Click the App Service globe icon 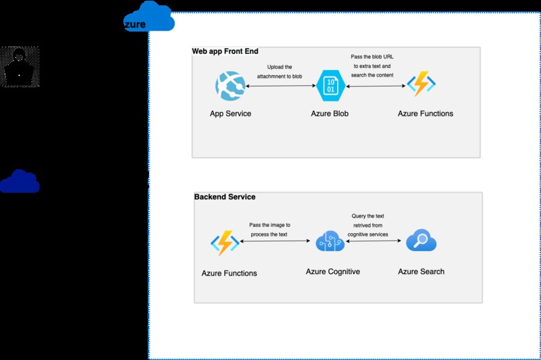coord(230,86)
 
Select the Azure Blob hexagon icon coord(330,85)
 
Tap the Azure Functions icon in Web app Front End coord(422,85)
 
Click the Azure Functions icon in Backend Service coord(224,244)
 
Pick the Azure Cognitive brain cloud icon coord(330,241)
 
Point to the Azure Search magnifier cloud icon coord(422,240)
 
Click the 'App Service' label coord(230,114)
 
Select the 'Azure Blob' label coord(330,114)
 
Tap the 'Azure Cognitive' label coord(333,272)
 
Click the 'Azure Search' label coord(421,271)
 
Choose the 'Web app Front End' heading coord(225,51)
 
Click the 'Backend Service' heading coord(225,197)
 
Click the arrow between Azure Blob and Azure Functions coord(375,85)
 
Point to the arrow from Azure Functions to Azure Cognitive coord(277,241)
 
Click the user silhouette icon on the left coord(19,66)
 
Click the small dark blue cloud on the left coord(19,181)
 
